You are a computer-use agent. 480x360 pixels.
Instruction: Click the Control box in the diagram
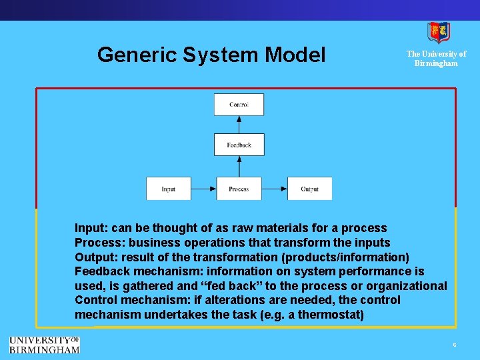point(239,105)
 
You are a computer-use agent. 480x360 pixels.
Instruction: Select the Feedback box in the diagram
point(239,145)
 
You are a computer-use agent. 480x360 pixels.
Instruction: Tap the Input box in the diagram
point(169,189)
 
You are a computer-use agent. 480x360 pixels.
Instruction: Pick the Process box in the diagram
point(239,189)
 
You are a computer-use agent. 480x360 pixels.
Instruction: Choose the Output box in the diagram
point(309,189)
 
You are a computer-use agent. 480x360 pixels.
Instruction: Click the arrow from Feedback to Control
point(239,125)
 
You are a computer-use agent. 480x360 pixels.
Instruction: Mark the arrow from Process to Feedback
point(239,167)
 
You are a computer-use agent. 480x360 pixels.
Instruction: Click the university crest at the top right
point(438,31)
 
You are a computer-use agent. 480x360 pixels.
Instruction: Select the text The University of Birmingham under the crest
point(437,59)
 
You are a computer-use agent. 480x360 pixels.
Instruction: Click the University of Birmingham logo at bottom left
point(44,344)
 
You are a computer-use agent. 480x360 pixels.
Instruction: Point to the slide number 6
point(454,345)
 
